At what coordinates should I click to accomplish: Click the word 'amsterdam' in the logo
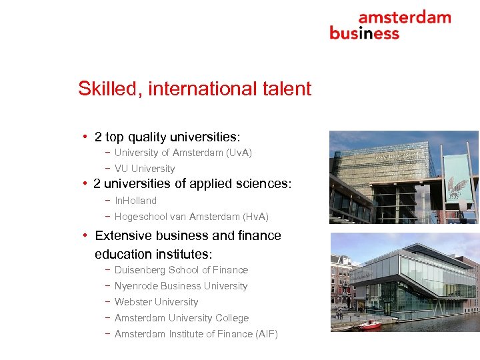click(x=404, y=17)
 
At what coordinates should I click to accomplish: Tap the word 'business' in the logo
click(x=364, y=33)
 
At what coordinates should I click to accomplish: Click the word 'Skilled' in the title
click(x=107, y=89)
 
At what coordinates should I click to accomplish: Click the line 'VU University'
click(x=144, y=169)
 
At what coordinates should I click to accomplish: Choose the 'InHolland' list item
click(x=135, y=201)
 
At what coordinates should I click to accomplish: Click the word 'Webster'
click(x=133, y=302)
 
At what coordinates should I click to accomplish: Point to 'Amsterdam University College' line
click(x=181, y=318)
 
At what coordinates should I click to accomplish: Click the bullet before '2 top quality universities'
click(x=86, y=137)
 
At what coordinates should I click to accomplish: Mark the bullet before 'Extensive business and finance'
click(x=86, y=235)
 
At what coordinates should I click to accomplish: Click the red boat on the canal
click(x=369, y=324)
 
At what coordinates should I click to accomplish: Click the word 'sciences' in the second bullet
click(x=265, y=184)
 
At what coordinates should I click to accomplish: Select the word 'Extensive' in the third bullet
click(x=121, y=236)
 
